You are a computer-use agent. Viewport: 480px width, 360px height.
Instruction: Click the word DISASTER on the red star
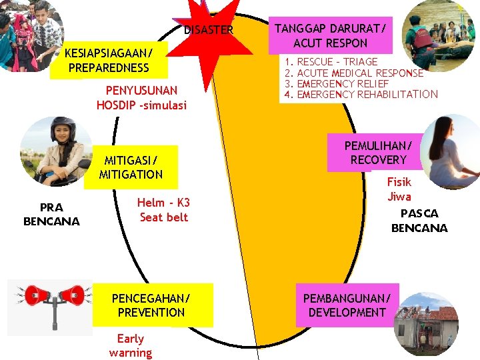pyautogui.click(x=209, y=30)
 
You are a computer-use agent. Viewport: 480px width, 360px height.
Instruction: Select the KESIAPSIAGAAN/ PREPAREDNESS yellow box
pyautogui.click(x=109, y=60)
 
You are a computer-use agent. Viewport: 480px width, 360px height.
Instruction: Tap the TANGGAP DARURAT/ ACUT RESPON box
pyautogui.click(x=321, y=35)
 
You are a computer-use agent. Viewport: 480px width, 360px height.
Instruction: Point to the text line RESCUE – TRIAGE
pyautogui.click(x=337, y=62)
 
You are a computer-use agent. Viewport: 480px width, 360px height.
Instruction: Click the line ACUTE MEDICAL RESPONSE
pyautogui.click(x=359, y=73)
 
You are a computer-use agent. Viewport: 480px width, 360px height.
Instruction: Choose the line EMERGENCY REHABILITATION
pyautogui.click(x=367, y=94)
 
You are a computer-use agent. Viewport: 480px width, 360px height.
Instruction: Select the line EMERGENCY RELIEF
pyautogui.click(x=342, y=83)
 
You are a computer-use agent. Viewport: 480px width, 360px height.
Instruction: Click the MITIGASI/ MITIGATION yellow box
pyautogui.click(x=131, y=167)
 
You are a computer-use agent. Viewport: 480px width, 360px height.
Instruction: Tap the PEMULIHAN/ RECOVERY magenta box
pyautogui.click(x=378, y=153)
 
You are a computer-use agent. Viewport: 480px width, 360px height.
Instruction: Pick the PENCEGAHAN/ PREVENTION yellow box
pyautogui.click(x=151, y=305)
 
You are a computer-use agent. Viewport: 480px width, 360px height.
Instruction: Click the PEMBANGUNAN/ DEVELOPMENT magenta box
pyautogui.click(x=347, y=305)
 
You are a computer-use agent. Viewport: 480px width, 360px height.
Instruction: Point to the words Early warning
pyautogui.click(x=131, y=345)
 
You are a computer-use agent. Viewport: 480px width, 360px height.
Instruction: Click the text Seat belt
pyautogui.click(x=164, y=217)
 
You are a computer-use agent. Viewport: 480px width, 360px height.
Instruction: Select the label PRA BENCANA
pyautogui.click(x=51, y=215)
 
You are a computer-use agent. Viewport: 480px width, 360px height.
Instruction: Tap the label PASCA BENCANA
pyautogui.click(x=419, y=221)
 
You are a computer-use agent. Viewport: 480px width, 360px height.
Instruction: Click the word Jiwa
pyautogui.click(x=399, y=196)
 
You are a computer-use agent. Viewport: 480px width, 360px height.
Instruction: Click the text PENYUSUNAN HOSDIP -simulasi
pyautogui.click(x=141, y=97)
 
